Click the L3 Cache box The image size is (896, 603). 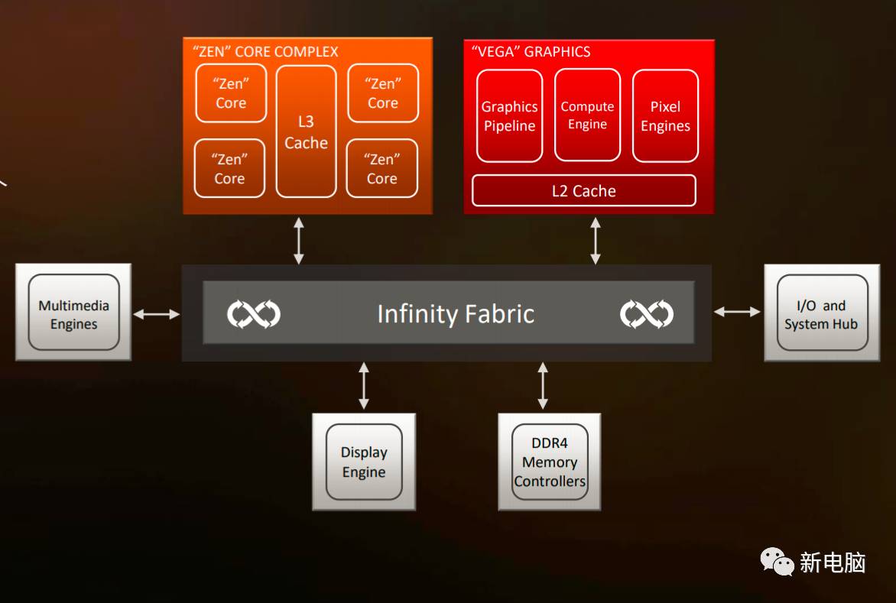point(306,131)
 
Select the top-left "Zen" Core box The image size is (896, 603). point(231,93)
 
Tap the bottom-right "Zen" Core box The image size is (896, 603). point(382,169)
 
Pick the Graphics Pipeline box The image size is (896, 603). point(509,116)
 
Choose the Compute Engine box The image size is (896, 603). point(587,115)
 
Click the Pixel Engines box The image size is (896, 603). point(665,116)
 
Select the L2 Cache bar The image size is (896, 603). point(584,191)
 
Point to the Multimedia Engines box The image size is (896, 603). point(73,314)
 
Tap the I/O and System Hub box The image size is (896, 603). point(822,314)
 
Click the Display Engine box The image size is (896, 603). point(364,462)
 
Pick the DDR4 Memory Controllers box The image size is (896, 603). point(550,462)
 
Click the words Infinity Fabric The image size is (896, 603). point(456,314)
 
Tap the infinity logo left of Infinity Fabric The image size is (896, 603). point(254,314)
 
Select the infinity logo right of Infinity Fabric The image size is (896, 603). point(646,314)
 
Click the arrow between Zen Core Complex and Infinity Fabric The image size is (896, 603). point(299,240)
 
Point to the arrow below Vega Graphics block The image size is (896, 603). point(596,240)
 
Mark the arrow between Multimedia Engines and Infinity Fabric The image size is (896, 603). point(156,314)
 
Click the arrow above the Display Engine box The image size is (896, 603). point(364,387)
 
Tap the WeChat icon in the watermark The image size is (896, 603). point(777,562)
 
